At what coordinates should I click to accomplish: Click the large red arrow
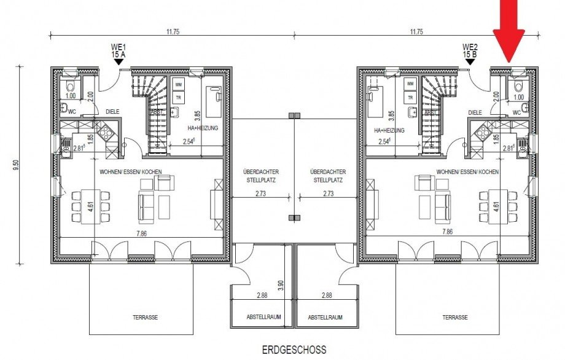(509, 31)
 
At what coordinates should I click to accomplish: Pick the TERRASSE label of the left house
(145, 318)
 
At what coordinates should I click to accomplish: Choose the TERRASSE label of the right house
(454, 318)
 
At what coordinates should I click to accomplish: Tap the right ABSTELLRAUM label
(325, 318)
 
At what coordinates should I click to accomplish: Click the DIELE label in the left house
(112, 112)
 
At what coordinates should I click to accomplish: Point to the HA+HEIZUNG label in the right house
(389, 130)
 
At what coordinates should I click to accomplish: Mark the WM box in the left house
(179, 84)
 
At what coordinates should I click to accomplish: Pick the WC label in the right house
(516, 112)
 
